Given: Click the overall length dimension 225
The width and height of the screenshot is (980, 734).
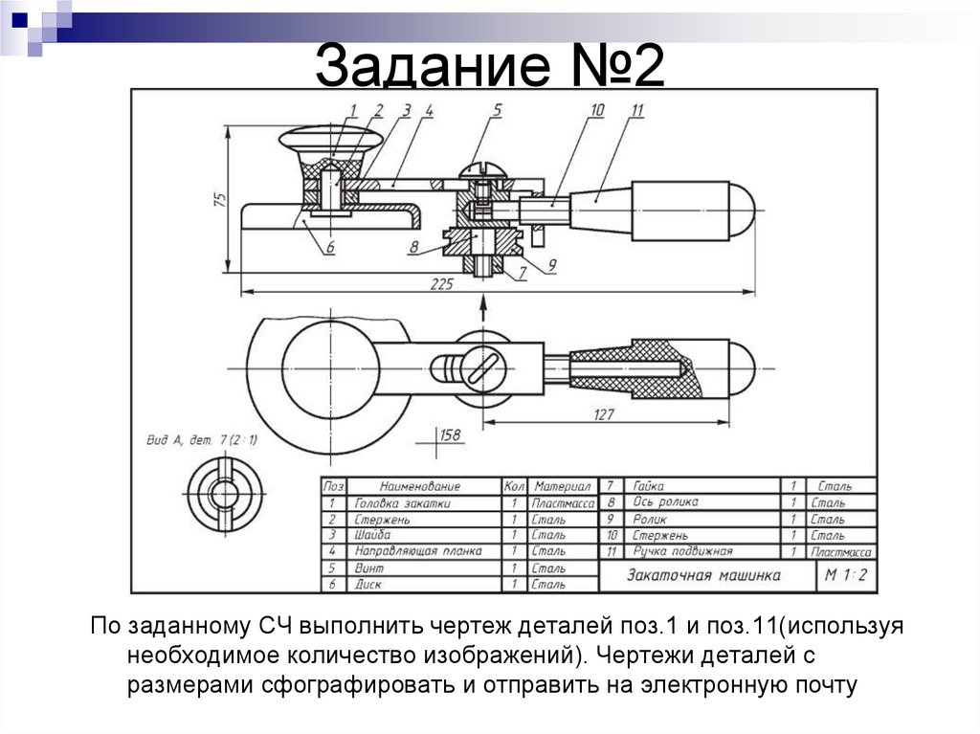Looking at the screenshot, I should pos(442,283).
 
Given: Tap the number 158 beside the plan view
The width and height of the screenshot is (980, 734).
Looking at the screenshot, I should pos(449,436).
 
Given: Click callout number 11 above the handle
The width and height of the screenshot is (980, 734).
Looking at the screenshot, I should pos(636,111).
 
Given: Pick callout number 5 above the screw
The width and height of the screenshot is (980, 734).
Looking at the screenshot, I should pos(498,111).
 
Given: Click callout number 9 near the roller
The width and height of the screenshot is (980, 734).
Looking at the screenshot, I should pos(552,265).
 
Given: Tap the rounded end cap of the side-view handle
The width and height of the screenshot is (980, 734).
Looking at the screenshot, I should pos(742,210).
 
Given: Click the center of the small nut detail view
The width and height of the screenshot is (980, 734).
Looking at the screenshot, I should pos(224,494).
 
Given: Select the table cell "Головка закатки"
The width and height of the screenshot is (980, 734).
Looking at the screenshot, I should pos(402,502).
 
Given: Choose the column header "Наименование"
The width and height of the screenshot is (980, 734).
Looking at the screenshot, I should pos(419,486).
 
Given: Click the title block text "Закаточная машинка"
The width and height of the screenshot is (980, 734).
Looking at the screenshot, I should pos(703,575).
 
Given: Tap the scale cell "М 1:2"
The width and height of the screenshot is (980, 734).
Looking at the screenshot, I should pos(846,575).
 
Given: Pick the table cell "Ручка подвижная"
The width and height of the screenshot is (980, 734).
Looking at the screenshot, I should pos(682,552).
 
